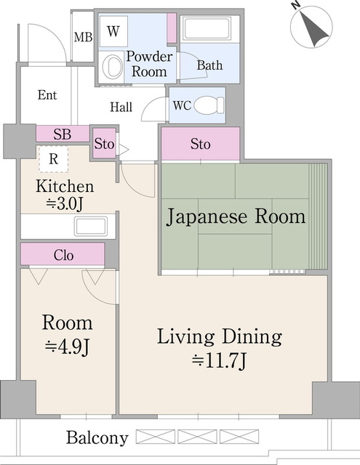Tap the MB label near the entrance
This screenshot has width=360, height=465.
pyautogui.click(x=83, y=37)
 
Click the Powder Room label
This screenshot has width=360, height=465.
pyautogui.click(x=149, y=65)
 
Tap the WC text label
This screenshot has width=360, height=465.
pyautogui.click(x=182, y=105)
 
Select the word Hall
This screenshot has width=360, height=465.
pyautogui.click(x=121, y=108)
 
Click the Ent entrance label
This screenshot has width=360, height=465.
pyautogui.click(x=47, y=95)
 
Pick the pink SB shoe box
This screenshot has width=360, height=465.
pyautogui.click(x=62, y=134)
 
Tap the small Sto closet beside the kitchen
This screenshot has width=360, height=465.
pyautogui.click(x=104, y=144)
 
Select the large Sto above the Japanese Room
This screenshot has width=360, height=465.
pyautogui.click(x=200, y=144)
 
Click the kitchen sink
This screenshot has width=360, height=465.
pyautogui.click(x=91, y=225)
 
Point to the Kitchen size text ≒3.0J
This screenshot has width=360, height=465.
pyautogui.click(x=65, y=204)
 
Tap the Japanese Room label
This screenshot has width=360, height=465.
pyautogui.click(x=236, y=217)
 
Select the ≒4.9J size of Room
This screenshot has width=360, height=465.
pyautogui.click(x=67, y=347)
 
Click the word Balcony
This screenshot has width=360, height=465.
pyautogui.click(x=97, y=438)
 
